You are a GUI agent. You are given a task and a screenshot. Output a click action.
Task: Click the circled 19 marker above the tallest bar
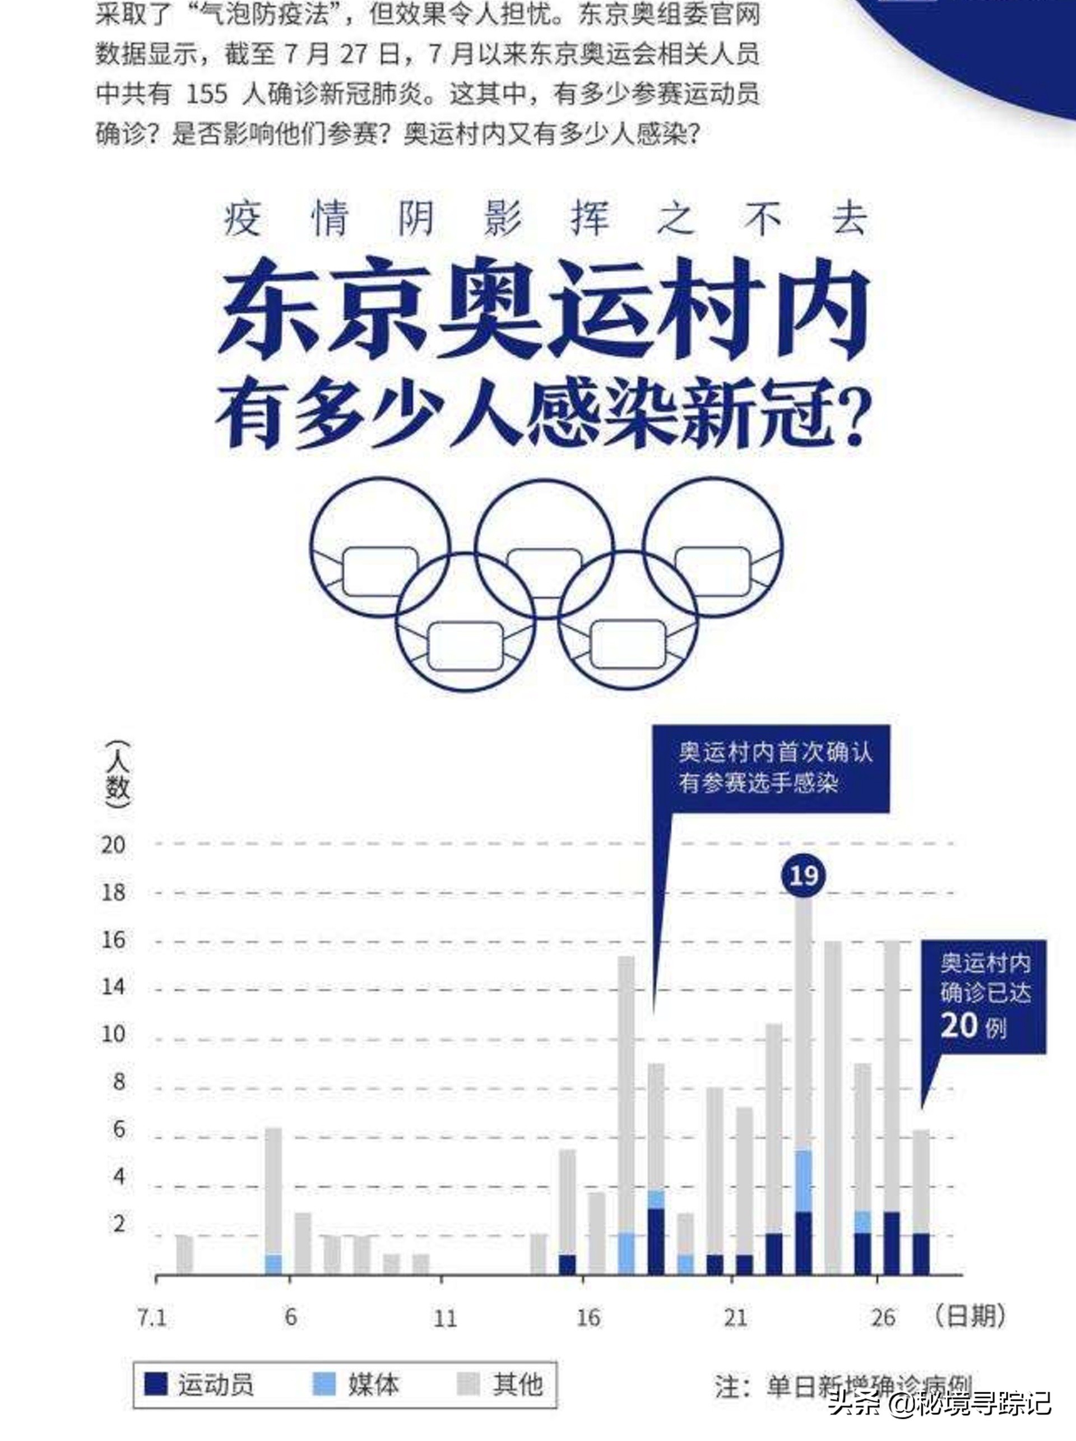click(x=803, y=876)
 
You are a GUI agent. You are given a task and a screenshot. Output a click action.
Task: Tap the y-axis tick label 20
click(x=113, y=844)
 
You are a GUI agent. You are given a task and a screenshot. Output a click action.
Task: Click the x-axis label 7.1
click(x=151, y=1318)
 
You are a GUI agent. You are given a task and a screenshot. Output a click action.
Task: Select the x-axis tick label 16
click(x=587, y=1318)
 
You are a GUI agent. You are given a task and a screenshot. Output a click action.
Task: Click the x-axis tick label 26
click(x=883, y=1318)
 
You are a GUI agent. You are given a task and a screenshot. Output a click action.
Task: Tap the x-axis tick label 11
click(x=445, y=1318)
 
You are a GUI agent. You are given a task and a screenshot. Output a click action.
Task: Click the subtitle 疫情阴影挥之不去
click(x=545, y=219)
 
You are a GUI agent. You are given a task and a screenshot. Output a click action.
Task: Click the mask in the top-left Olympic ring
click(x=380, y=571)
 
